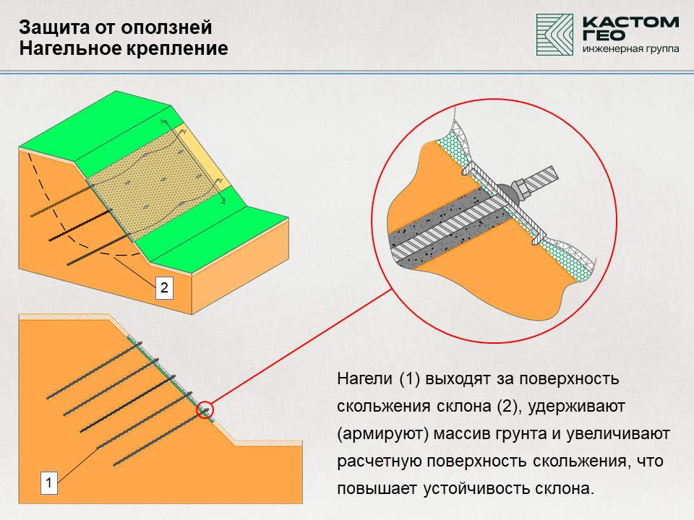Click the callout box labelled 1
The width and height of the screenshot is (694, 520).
click(49, 482)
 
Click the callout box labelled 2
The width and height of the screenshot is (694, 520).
click(164, 288)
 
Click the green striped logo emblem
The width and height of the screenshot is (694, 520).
click(554, 35)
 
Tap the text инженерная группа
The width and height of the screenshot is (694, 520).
click(630, 48)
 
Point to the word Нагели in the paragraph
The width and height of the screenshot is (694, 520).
click(364, 379)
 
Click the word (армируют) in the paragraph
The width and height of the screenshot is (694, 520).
click(382, 434)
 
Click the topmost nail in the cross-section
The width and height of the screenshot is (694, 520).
click(94, 370)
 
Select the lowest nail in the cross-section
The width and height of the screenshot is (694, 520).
click(161, 438)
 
